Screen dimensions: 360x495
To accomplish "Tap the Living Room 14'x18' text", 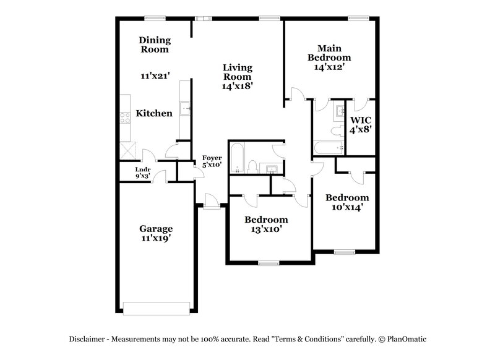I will (238, 77).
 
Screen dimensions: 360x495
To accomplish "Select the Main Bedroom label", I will (330, 57).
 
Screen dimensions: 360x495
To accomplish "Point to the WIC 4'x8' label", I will (361, 124).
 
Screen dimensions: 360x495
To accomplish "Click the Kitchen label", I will (154, 113).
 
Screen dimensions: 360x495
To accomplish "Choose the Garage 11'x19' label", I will (155, 233).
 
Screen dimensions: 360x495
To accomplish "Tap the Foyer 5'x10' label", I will (212, 162).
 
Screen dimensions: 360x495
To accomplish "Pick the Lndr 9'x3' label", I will (144, 172).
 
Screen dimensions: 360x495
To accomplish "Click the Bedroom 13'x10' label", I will (266, 225).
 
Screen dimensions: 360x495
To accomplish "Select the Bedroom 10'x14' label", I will (347, 203).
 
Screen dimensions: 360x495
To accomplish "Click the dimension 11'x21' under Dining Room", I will (155, 76).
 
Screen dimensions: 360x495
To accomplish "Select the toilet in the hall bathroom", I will (253, 166).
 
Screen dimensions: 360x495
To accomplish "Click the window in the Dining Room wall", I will (154, 18).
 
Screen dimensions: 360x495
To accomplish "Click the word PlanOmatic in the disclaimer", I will (407, 338).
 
